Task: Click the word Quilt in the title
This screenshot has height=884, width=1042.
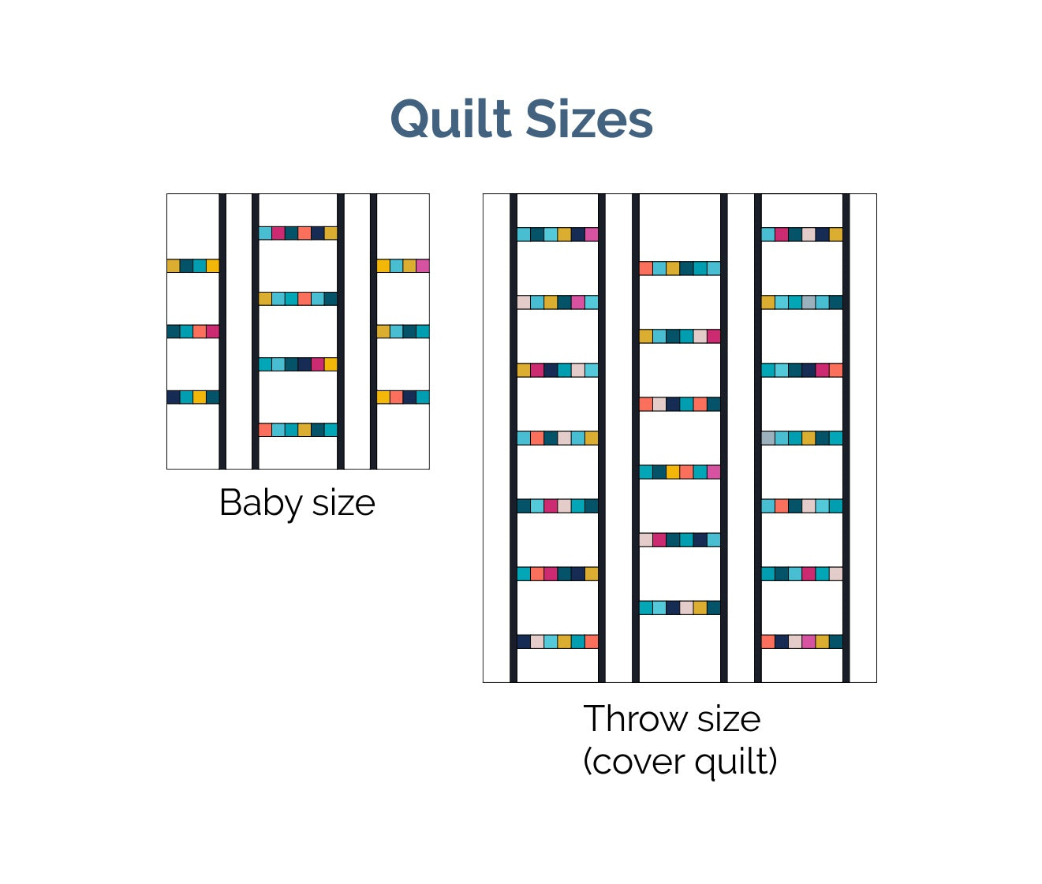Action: point(450,120)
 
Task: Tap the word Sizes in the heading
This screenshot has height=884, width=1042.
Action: point(588,120)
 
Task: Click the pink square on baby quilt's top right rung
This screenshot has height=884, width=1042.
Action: point(423,266)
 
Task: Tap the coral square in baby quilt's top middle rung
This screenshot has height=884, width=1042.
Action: point(304,233)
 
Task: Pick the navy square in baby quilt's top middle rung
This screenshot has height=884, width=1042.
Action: point(317,233)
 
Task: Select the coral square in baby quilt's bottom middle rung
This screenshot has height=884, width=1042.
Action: point(265,430)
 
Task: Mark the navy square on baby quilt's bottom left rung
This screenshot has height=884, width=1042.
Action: point(174,397)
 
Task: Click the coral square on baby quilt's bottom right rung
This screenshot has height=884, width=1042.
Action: point(396,397)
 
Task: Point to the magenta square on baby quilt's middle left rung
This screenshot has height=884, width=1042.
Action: point(212,331)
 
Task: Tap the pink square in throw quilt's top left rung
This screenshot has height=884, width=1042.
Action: point(592,234)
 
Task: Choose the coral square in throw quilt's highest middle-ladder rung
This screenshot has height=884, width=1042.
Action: point(646,268)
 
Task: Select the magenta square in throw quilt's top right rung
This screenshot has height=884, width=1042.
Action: point(782,234)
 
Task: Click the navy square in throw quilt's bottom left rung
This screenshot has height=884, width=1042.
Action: point(524,642)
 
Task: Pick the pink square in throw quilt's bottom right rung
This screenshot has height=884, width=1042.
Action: point(809,642)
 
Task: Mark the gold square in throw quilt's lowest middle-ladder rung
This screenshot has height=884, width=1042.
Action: point(700,608)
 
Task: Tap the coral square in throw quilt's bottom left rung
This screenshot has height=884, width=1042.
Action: point(592,642)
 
